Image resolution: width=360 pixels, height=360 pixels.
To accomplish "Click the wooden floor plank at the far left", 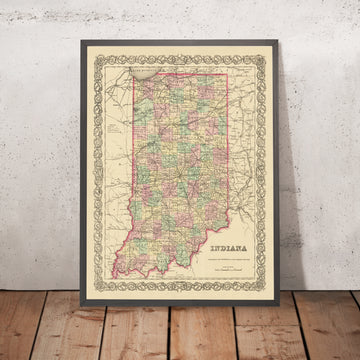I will (x=20, y=320).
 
